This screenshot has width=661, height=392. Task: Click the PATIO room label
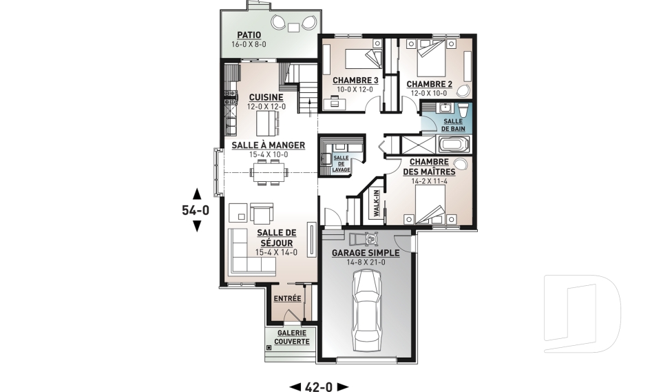tap(249, 35)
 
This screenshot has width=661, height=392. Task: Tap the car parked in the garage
tap(366, 311)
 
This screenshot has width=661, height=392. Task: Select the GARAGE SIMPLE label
tap(366, 253)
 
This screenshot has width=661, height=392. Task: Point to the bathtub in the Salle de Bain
tap(454, 144)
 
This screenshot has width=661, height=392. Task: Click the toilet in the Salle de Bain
tap(463, 110)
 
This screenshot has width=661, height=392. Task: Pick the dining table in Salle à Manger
tap(269, 172)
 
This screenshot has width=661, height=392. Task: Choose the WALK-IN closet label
tap(376, 203)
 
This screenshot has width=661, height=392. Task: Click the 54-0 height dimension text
tap(196, 210)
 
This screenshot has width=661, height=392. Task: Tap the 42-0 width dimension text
tap(319, 386)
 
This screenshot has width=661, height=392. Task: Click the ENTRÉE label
tap(288, 298)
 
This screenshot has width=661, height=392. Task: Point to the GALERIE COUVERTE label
tap(292, 337)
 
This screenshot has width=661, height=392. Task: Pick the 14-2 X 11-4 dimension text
tap(429, 181)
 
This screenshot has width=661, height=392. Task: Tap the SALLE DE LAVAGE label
tap(341, 164)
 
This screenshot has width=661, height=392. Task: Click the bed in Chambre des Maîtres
tap(430, 205)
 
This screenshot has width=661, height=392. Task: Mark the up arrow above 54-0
tap(196, 194)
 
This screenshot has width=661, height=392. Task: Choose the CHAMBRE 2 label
tap(429, 84)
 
